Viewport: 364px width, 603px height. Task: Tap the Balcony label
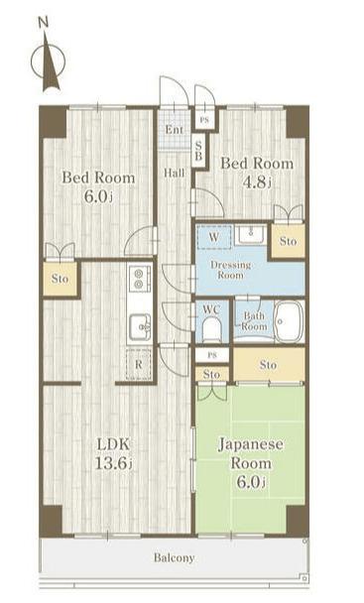click(174, 557)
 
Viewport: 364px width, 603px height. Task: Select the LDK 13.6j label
click(113, 454)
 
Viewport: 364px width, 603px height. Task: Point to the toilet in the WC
click(212, 329)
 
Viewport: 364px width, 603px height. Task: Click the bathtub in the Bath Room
click(289, 321)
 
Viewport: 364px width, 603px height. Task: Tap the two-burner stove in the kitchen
click(138, 279)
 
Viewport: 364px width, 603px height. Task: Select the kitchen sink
click(140, 326)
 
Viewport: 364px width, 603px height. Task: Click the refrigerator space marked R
click(138, 365)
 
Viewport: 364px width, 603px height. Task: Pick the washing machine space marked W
click(214, 237)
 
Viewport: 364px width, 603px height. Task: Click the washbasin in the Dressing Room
click(250, 235)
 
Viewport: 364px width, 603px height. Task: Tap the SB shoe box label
click(198, 151)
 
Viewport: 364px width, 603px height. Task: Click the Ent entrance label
click(175, 130)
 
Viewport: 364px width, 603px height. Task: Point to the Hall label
click(175, 173)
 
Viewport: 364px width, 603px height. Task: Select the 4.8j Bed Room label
click(257, 173)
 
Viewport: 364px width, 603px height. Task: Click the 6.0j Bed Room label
click(98, 186)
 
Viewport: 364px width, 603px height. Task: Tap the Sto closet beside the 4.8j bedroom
click(289, 241)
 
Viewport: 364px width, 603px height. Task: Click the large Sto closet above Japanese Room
click(268, 365)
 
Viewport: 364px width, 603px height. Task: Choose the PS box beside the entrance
click(204, 120)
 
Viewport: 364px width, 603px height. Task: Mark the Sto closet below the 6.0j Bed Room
click(61, 279)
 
